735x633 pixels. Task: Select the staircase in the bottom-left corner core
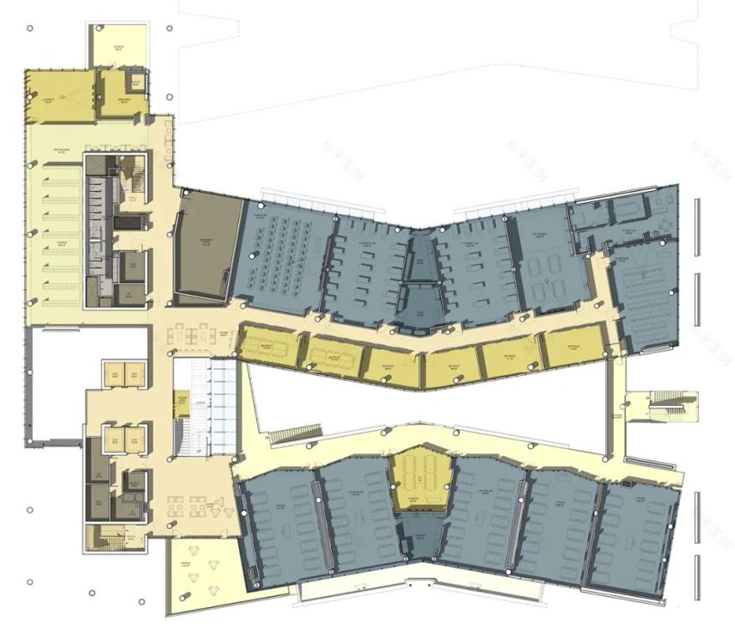click(104, 539)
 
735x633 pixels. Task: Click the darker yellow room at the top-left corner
click(57, 99)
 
